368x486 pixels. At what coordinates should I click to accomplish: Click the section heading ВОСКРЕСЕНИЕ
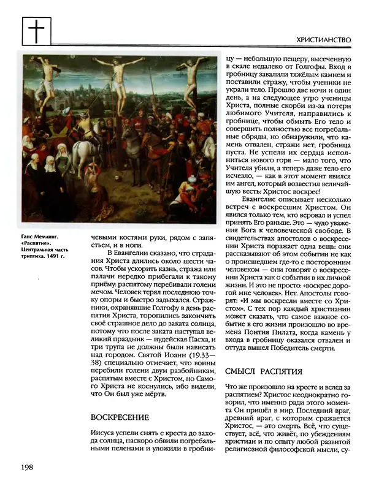pyautogui.click(x=120, y=417)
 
